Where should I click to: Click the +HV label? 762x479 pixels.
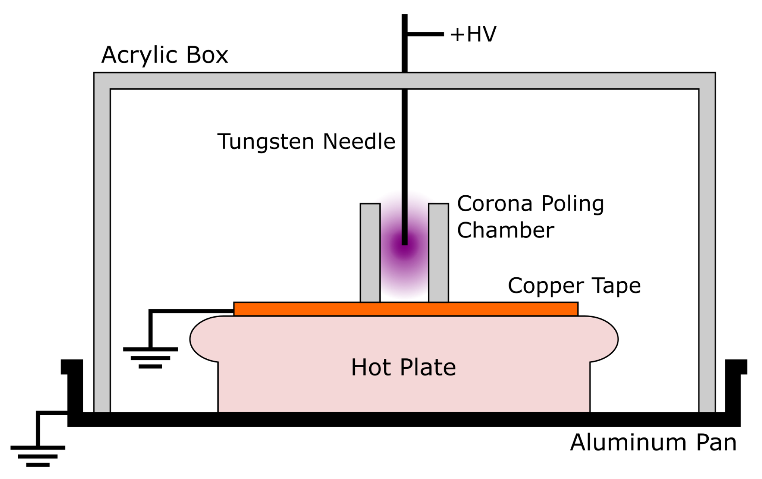coord(473,34)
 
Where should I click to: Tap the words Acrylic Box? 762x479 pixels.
coord(165,55)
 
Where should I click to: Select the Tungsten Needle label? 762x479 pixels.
coord(306,142)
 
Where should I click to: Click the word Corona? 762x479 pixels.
coord(495,204)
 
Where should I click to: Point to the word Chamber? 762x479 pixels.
coord(505,230)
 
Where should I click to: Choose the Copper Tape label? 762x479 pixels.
coord(574,286)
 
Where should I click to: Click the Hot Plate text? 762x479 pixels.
coord(404,367)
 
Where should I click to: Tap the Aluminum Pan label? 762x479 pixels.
coord(653,442)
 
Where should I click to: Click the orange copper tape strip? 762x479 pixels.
coord(406,309)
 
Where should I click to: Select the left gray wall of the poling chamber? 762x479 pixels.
coord(370,253)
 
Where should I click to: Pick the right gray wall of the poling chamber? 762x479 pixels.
coord(438,253)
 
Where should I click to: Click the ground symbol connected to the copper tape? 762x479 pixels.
coord(150,358)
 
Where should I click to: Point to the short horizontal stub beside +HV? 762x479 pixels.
coord(425,34)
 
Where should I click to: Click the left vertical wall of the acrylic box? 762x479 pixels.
coord(102,242)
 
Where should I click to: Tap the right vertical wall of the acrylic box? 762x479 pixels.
coord(707,242)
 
